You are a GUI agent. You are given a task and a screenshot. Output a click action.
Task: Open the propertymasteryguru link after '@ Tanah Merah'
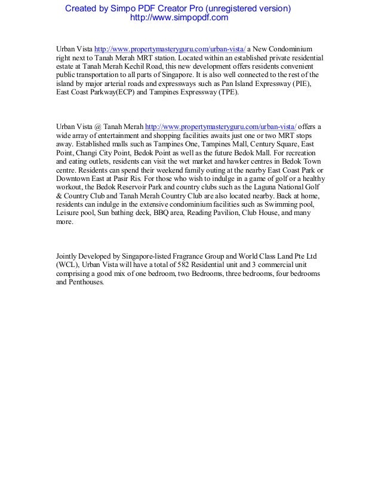coord(220,126)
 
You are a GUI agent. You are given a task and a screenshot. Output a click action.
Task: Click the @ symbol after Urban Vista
coord(98,126)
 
